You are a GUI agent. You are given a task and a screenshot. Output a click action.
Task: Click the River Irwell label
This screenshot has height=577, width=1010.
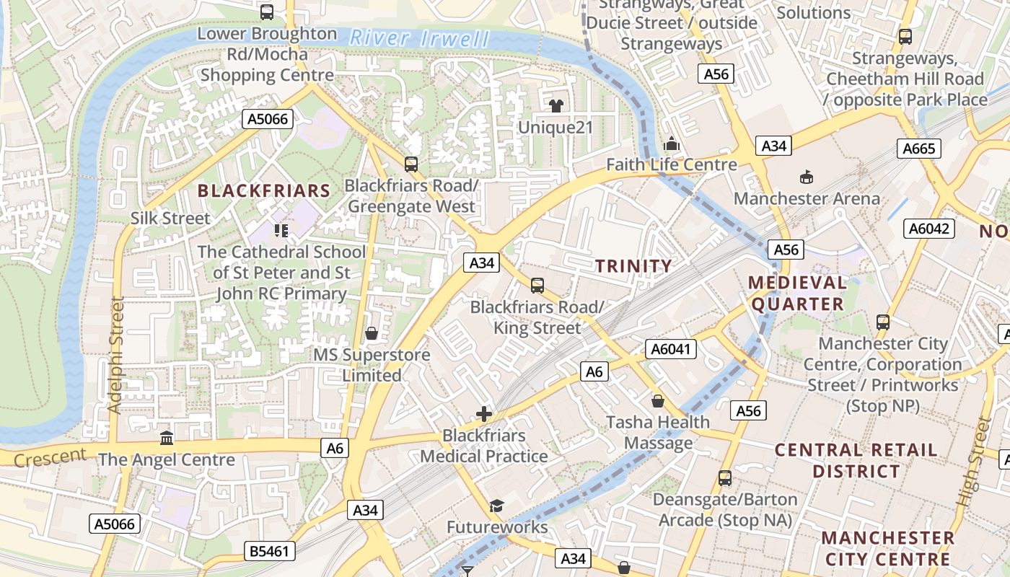[419, 38]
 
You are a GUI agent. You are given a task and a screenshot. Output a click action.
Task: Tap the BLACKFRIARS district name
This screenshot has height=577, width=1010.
[263, 191]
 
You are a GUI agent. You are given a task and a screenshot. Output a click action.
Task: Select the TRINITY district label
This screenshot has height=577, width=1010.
[633, 266]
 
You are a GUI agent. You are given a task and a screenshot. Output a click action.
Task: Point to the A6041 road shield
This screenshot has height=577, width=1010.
[672, 350]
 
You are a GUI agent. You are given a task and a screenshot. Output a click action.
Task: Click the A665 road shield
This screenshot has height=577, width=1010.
[919, 149]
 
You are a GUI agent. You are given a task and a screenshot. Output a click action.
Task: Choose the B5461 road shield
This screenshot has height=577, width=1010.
[269, 552]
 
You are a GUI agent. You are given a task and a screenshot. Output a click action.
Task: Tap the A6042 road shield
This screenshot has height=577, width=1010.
[929, 229]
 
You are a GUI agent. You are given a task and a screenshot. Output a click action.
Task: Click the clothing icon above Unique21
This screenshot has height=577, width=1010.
[555, 106]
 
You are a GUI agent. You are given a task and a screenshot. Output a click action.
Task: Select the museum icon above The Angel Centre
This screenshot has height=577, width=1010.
[167, 438]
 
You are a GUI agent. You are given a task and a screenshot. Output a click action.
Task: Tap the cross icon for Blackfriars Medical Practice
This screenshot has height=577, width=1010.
[484, 414]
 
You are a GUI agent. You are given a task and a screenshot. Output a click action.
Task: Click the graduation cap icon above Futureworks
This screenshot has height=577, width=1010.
[496, 506]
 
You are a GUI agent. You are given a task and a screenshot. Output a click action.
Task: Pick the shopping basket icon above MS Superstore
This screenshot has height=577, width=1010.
[372, 333]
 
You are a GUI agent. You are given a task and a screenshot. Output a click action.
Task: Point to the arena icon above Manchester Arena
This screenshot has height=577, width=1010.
[807, 177]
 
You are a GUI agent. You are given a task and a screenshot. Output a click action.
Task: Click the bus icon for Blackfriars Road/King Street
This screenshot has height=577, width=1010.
[537, 286]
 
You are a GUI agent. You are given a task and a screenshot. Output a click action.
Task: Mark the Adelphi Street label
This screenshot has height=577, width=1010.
[116, 355]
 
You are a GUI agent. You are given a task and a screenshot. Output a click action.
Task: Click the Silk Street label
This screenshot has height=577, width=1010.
[170, 219]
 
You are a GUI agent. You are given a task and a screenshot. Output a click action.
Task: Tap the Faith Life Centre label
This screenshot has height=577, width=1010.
[671, 164]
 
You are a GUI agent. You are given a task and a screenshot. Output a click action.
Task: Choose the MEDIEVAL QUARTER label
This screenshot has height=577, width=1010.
[797, 293]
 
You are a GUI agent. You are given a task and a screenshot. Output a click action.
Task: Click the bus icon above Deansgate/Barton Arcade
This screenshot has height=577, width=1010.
[725, 478]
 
